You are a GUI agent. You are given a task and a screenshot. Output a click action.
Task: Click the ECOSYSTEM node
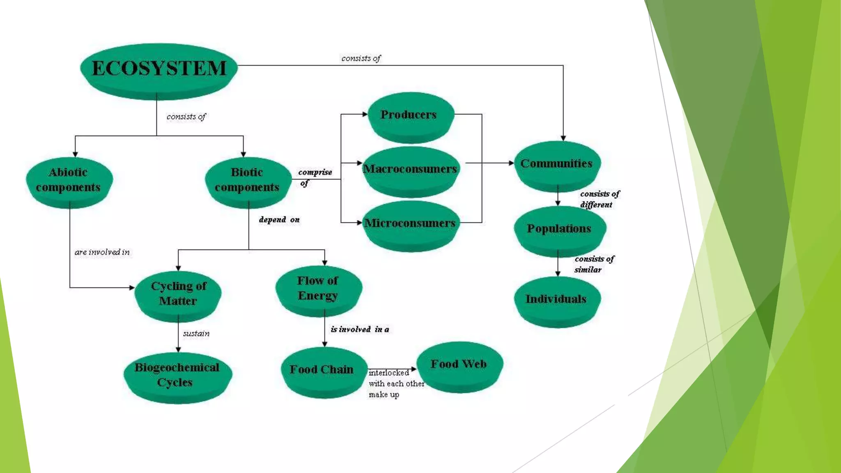tap(159, 69)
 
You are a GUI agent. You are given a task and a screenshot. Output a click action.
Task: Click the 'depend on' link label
tap(279, 220)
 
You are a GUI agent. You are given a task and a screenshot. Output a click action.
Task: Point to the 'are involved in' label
tap(102, 252)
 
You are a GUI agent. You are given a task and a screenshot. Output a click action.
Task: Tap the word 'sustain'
tap(196, 333)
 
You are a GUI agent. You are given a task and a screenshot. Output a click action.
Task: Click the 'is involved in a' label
tap(360, 329)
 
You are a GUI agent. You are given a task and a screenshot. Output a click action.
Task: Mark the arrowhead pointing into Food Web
tap(414, 369)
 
